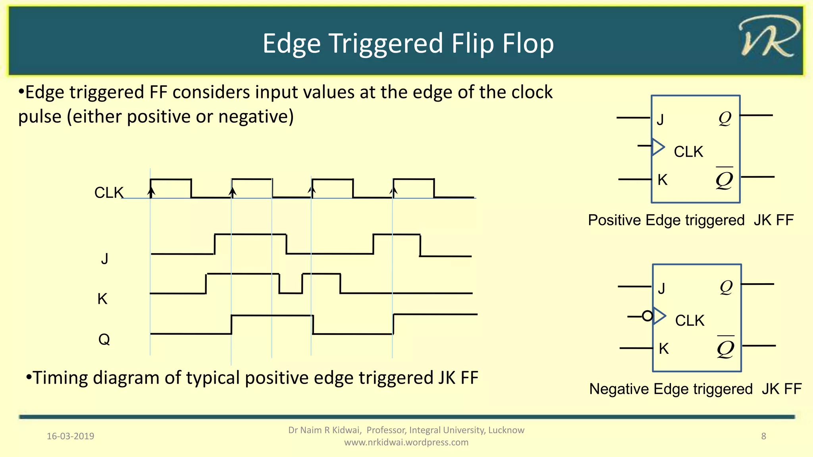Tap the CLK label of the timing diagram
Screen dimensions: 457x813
(x=109, y=193)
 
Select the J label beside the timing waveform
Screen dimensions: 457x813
(x=104, y=259)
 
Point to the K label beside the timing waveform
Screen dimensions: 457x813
(x=102, y=299)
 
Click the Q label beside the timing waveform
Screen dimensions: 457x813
(x=104, y=340)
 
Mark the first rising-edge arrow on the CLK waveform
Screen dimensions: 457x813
(x=151, y=192)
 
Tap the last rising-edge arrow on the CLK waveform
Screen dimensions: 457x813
(x=393, y=192)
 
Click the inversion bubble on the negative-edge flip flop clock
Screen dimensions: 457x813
(x=647, y=316)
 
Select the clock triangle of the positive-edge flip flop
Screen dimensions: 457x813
(x=658, y=147)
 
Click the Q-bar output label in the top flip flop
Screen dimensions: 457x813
(x=724, y=179)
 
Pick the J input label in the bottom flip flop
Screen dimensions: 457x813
(x=661, y=288)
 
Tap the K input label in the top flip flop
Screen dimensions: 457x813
(x=662, y=180)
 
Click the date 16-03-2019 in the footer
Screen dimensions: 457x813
(x=70, y=436)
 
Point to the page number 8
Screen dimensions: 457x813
(x=763, y=436)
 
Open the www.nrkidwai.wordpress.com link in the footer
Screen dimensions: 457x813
(x=406, y=442)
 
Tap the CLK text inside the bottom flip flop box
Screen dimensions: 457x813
(x=690, y=321)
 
